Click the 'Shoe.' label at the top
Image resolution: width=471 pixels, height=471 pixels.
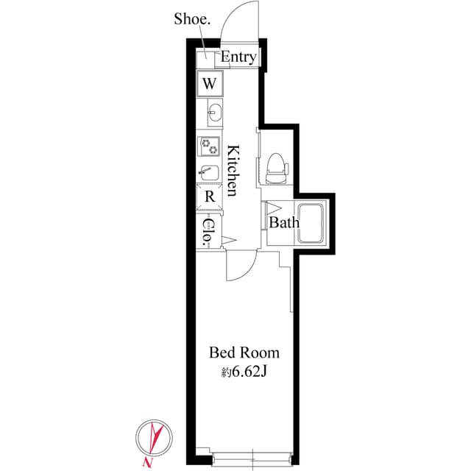click(x=192, y=19)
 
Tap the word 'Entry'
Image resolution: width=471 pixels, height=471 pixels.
click(x=238, y=57)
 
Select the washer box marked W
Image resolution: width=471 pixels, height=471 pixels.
click(x=209, y=82)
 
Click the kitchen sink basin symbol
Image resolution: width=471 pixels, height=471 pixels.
click(x=215, y=113)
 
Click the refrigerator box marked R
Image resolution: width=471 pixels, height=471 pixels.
click(x=209, y=196)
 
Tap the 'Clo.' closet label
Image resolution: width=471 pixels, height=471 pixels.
click(x=208, y=231)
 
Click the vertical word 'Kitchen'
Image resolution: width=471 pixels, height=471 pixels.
click(x=232, y=170)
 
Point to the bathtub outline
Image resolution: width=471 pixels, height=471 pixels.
click(x=316, y=222)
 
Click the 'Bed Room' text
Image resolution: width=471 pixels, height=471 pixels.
click(x=244, y=352)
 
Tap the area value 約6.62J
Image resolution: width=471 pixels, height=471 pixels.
click(x=244, y=372)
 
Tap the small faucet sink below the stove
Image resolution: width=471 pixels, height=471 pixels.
click(x=208, y=173)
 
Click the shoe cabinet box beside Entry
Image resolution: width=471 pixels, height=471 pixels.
click(x=206, y=57)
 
